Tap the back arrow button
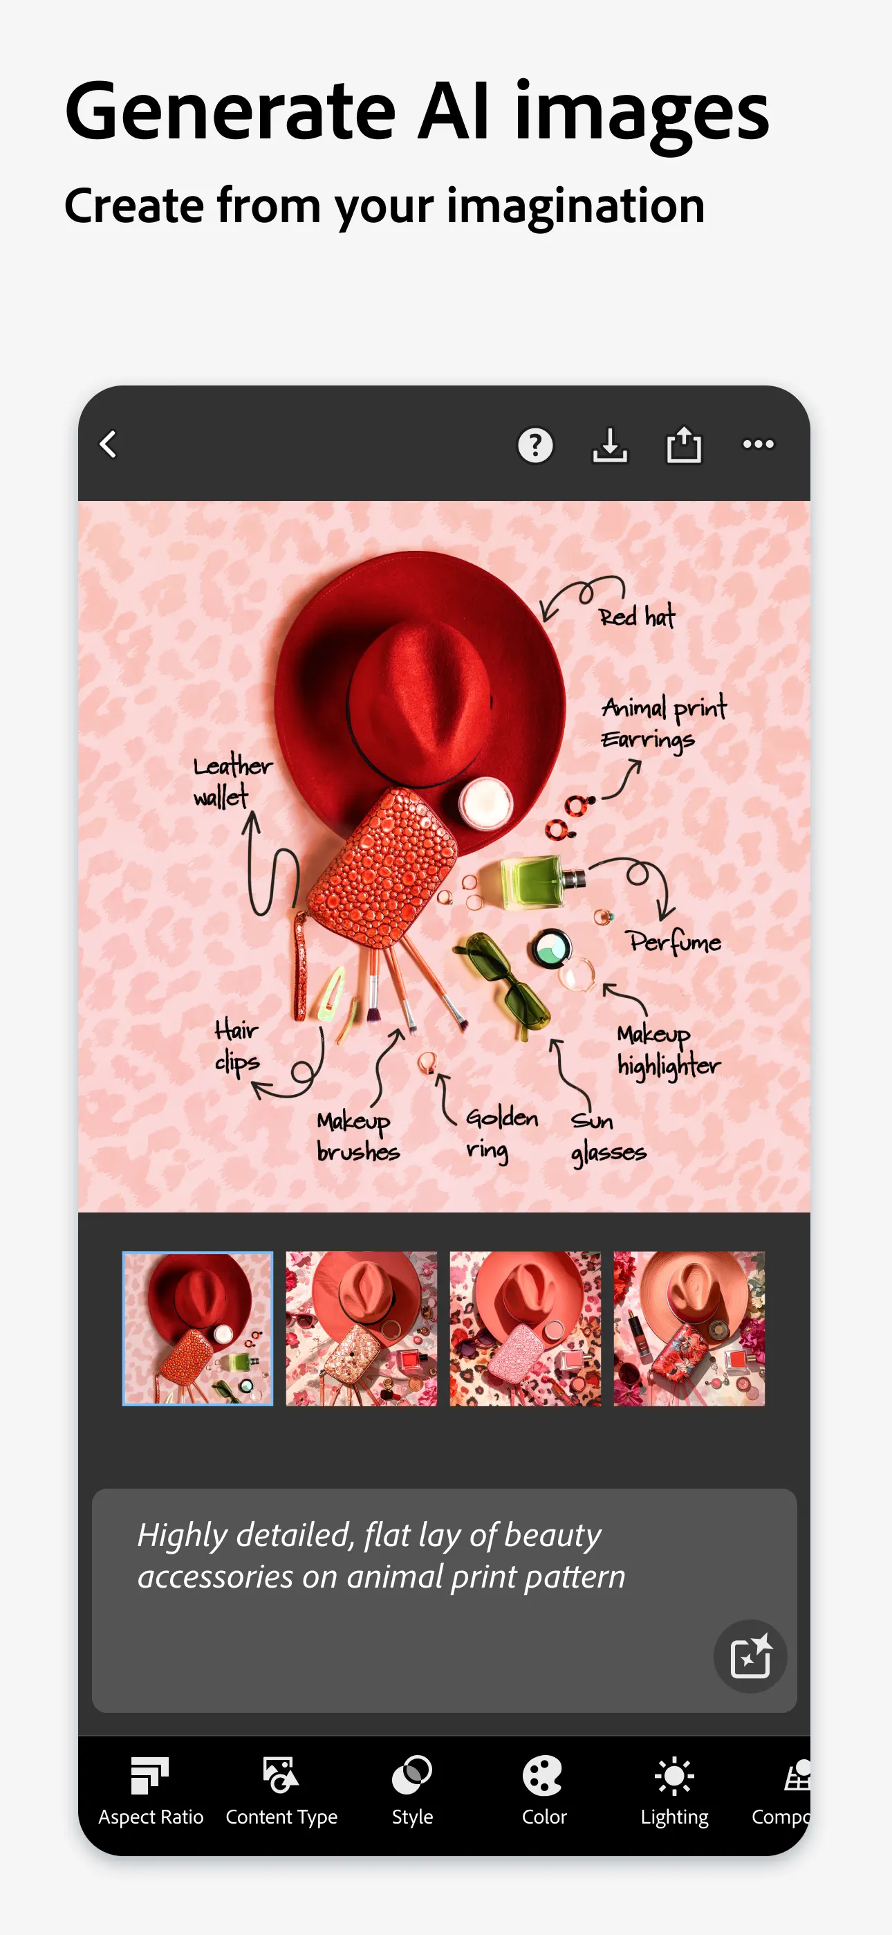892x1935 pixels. (108, 444)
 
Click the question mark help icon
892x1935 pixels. (535, 445)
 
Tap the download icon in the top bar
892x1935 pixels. (610, 445)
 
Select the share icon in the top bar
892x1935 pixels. (684, 444)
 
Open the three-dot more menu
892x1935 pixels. (759, 444)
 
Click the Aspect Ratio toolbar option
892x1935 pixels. (150, 1792)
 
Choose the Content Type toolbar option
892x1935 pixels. (281, 1792)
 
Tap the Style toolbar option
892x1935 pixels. (412, 1792)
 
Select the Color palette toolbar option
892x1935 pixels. (543, 1792)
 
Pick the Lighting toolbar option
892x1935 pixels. (674, 1792)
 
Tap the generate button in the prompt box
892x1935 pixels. (750, 1656)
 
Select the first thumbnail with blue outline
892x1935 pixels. (198, 1328)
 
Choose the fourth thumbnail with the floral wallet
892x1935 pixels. (689, 1328)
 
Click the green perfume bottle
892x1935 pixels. (541, 881)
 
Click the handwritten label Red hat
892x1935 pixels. (637, 617)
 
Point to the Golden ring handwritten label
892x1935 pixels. (501, 1134)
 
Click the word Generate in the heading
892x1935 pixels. (230, 113)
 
